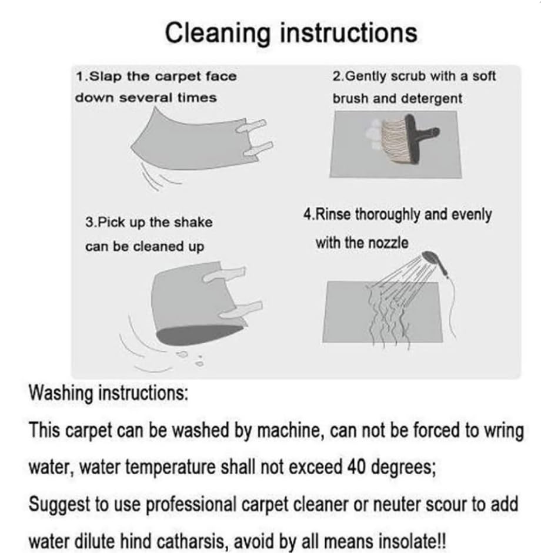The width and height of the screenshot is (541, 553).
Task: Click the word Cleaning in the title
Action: (218, 33)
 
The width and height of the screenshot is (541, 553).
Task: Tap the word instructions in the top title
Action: (349, 32)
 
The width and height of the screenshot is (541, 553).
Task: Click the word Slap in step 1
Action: (105, 77)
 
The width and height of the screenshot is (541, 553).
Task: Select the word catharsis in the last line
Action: (191, 541)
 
